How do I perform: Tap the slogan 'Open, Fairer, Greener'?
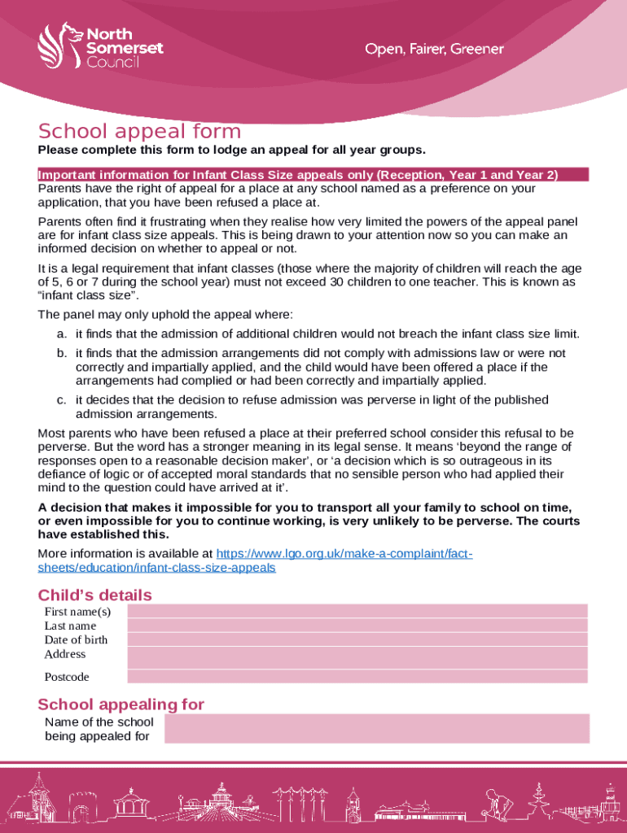pos(434,50)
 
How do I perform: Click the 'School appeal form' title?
pos(139,132)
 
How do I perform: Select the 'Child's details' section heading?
pos(94,595)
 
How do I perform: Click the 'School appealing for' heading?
pos(121,704)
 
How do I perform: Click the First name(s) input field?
pos(357,611)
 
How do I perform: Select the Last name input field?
pos(357,626)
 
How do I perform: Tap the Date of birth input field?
pos(357,639)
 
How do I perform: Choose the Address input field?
pos(357,657)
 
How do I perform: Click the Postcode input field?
pos(357,677)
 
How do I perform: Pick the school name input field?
pos(376,729)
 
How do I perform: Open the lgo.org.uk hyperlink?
pos(254,560)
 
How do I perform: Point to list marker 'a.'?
pos(62,334)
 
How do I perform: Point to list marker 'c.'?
pos(62,400)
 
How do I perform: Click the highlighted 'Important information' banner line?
pos(313,175)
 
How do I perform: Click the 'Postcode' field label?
pos(67,677)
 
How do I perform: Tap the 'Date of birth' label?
pos(76,639)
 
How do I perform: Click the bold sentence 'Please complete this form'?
pos(232,150)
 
